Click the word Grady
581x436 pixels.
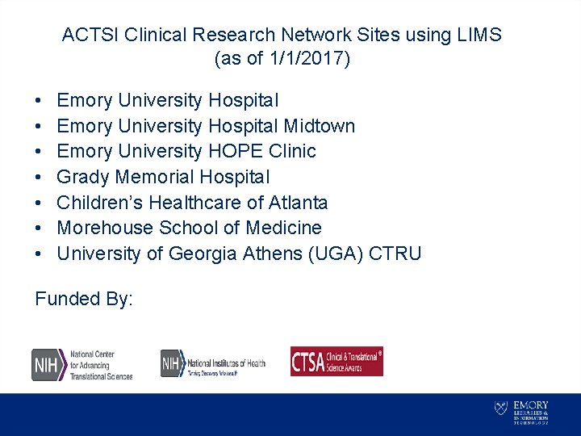click(x=83, y=177)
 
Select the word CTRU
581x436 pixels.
click(x=395, y=254)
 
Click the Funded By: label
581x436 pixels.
click(x=84, y=299)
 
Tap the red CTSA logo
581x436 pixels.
click(x=336, y=362)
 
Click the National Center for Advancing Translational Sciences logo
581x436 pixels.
click(x=82, y=365)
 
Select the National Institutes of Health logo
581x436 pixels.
click(x=212, y=363)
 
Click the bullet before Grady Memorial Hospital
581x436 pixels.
click(x=40, y=177)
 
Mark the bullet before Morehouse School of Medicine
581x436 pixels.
click(x=40, y=228)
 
